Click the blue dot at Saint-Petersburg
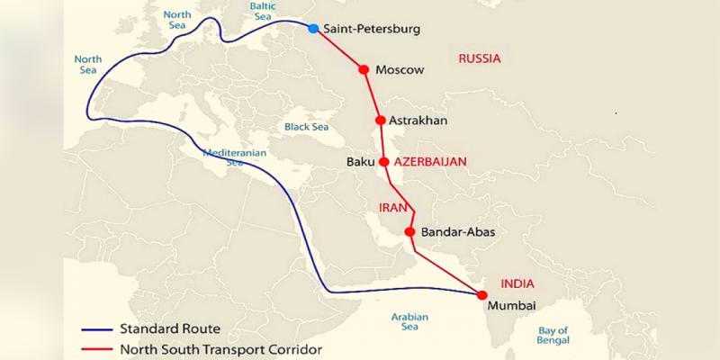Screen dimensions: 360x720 click(313, 29)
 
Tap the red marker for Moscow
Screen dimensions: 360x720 click(364, 69)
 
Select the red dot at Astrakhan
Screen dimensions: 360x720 click(381, 120)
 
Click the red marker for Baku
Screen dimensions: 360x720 click(384, 163)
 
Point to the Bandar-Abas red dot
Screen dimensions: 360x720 click(409, 232)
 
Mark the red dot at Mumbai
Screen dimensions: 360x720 click(481, 295)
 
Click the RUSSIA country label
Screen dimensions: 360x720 click(479, 58)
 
